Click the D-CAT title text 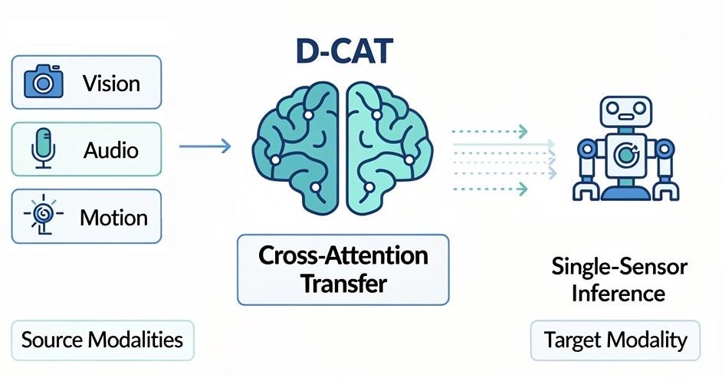tap(346, 50)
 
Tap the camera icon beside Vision tap(43, 81)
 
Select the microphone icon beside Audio tap(41, 148)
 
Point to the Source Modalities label tap(102, 340)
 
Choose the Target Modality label tap(615, 340)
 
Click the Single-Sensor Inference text tap(619, 279)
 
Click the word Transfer tap(343, 284)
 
